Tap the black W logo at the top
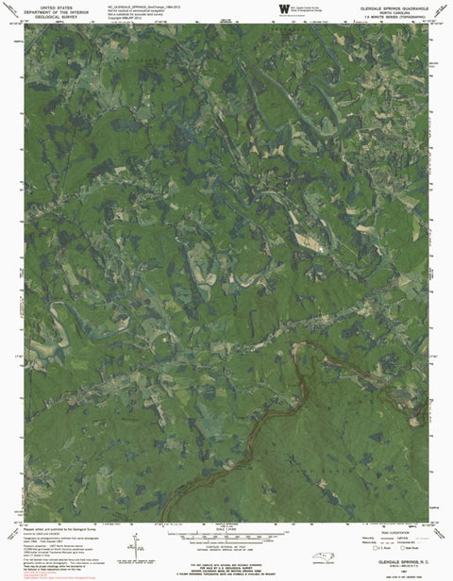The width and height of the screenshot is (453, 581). (x=283, y=8)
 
